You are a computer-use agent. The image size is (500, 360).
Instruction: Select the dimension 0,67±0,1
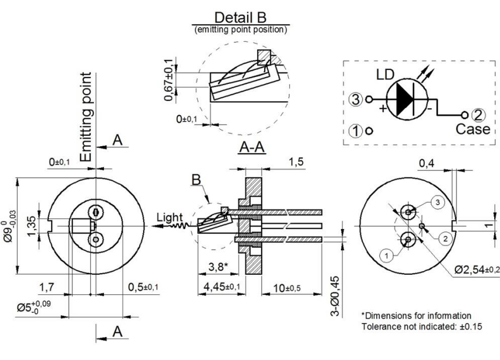pyautogui.click(x=169, y=80)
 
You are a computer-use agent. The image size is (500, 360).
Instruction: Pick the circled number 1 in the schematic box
pyautogui.click(x=354, y=130)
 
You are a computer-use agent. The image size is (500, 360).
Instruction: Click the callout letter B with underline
pyautogui.click(x=195, y=179)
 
